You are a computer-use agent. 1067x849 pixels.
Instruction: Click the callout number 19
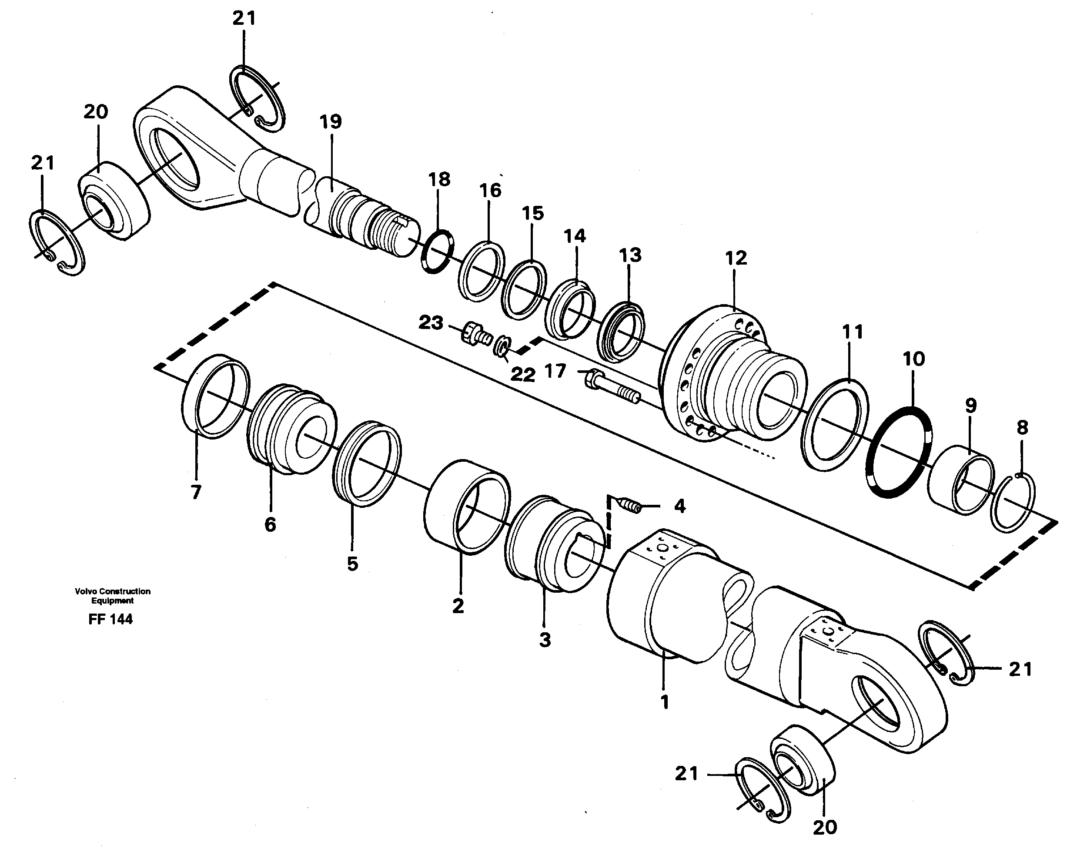[x=331, y=121]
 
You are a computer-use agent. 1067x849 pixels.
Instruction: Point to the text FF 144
[x=110, y=619]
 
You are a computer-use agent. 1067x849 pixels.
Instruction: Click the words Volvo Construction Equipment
[x=112, y=596]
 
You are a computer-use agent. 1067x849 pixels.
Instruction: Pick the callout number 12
[x=736, y=258]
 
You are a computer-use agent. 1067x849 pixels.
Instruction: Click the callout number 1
[x=665, y=702]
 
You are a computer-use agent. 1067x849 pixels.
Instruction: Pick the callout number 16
[x=490, y=190]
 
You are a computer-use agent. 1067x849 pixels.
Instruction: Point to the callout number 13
[x=630, y=255]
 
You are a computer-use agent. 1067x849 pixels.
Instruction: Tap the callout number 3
[x=545, y=640]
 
